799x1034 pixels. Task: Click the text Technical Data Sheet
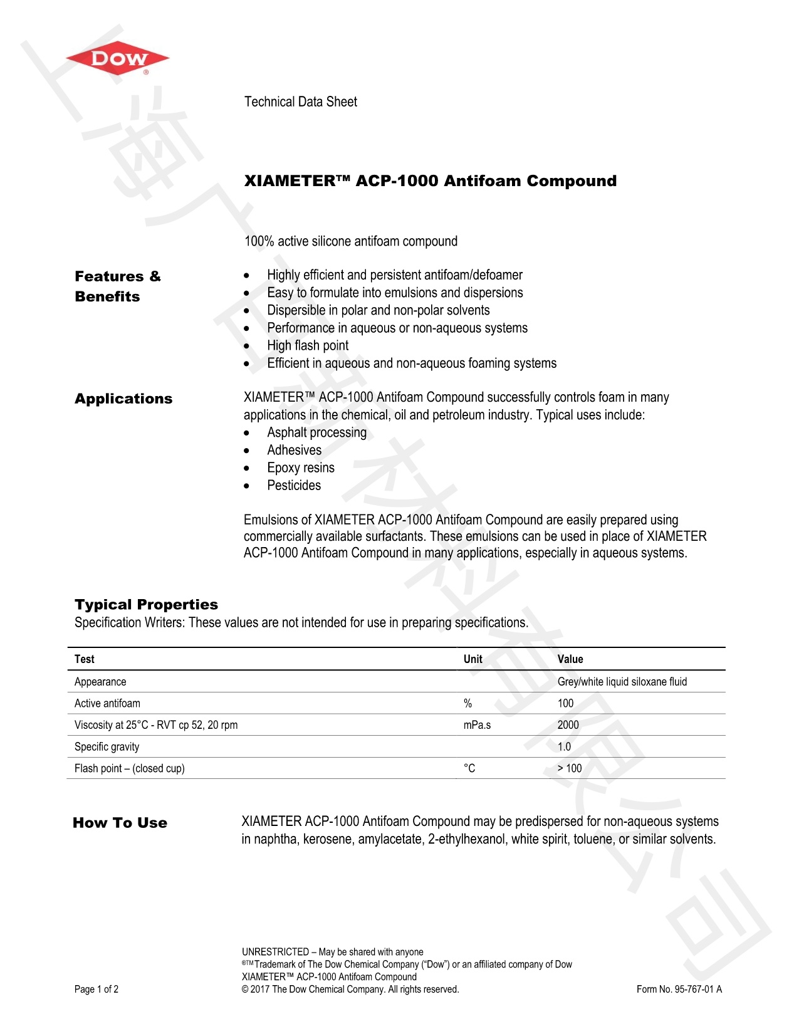pos(300,102)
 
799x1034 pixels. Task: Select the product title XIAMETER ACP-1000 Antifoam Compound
pos(430,181)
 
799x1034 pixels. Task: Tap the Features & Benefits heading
pos(118,286)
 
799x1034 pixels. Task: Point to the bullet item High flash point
pos(308,345)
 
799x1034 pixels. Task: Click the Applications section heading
pos(123,399)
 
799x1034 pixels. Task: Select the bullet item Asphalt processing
pos(316,432)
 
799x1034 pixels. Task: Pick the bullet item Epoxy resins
pos(301,467)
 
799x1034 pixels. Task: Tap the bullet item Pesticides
pos(294,485)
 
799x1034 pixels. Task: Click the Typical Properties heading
pos(146,605)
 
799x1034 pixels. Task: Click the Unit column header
pos(473,659)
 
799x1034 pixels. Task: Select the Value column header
pos(570,659)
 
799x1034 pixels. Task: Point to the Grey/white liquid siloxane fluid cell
pos(622,682)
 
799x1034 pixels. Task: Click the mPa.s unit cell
pos(478,725)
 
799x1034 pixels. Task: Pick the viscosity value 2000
pos(568,725)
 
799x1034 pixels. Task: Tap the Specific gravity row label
pos(107,747)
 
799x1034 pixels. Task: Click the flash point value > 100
pos(570,768)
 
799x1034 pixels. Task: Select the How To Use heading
pos(120,823)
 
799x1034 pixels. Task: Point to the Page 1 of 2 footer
pos(97,990)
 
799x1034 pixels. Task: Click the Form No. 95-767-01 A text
pos(679,990)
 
